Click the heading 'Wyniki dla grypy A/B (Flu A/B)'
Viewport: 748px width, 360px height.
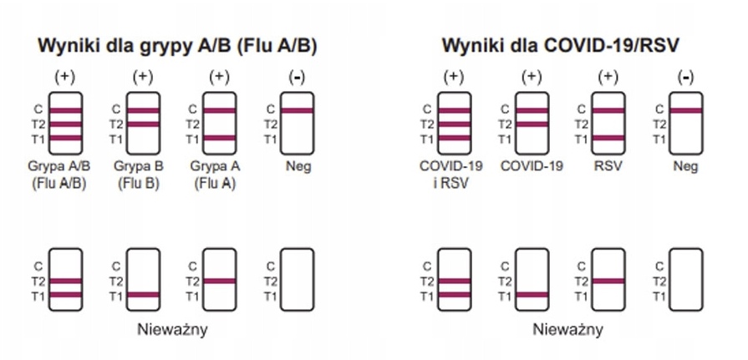177,45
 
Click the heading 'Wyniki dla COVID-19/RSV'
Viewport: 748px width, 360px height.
559,45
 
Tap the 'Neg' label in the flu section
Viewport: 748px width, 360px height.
298,165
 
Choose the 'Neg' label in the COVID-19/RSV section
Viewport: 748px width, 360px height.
685,165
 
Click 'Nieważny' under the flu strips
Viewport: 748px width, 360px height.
172,328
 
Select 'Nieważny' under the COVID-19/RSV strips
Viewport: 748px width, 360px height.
568,328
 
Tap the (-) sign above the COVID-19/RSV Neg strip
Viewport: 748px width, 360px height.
685,77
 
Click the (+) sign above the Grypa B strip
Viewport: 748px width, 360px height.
142,77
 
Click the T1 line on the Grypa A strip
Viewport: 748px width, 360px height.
220,138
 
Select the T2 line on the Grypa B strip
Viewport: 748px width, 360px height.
143,124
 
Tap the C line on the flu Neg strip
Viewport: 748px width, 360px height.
297,110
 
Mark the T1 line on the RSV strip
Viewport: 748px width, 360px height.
608,138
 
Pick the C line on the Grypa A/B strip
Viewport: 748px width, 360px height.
66,110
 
